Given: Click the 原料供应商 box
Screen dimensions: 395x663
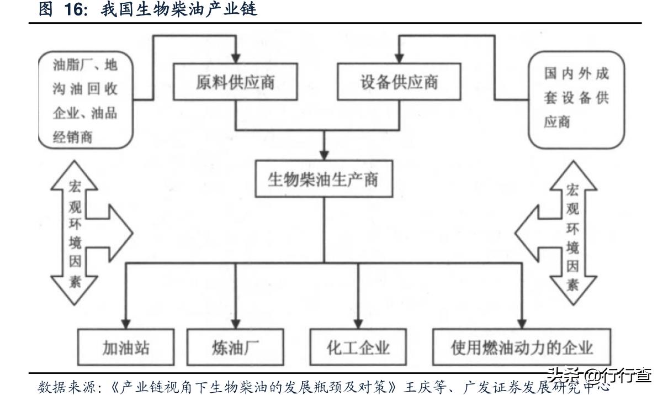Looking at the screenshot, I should click(x=235, y=81).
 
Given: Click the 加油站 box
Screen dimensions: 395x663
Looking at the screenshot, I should click(x=126, y=347).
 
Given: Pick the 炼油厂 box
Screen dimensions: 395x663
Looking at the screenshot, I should click(x=236, y=347).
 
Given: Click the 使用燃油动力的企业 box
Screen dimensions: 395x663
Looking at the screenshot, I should click(x=522, y=347).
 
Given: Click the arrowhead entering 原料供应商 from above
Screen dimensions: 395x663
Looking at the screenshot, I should click(x=236, y=57).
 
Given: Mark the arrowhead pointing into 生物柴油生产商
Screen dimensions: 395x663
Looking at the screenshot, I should click(x=325, y=153).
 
